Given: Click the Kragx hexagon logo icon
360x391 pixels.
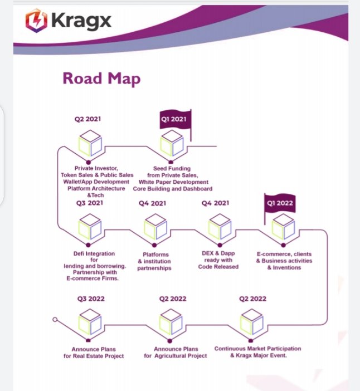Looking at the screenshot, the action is click(36, 21).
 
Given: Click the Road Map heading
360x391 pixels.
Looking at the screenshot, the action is click(101, 79).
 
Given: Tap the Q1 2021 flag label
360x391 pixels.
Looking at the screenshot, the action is click(174, 119).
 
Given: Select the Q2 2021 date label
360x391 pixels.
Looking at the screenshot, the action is click(87, 119).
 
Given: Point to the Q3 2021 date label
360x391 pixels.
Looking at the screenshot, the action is click(90, 203).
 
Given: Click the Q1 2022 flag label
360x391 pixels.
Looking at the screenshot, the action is click(280, 203).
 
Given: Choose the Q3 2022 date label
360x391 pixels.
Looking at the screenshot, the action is click(91, 299).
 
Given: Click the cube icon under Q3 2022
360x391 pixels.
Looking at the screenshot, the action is click(90, 322).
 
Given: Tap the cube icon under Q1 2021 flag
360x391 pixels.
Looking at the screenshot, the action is click(172, 143).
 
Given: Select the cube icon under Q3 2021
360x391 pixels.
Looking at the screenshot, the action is click(90, 227).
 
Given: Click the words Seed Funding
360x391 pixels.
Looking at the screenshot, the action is click(172, 169).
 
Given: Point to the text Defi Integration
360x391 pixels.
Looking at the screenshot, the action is click(94, 253).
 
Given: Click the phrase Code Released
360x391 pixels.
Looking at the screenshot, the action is click(218, 267).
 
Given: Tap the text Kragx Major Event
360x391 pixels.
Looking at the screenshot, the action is click(261, 355).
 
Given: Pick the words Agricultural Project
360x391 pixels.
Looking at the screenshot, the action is click(181, 356).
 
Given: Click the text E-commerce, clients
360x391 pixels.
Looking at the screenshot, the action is click(284, 254).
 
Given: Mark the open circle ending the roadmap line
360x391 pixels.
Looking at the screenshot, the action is click(55, 320).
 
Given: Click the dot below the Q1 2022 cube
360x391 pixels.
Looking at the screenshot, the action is click(283, 245).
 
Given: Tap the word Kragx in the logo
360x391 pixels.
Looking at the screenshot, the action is click(81, 21).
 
